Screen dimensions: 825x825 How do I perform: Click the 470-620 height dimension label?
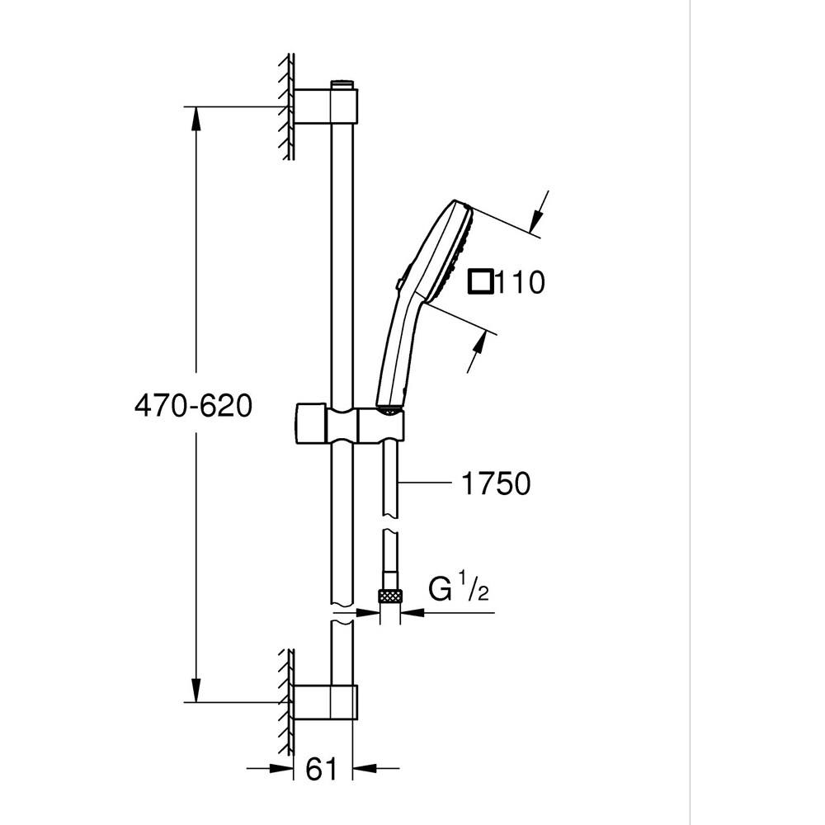click(193, 406)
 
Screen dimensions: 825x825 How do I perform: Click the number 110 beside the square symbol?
click(520, 282)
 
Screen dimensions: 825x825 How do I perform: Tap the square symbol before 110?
click(481, 280)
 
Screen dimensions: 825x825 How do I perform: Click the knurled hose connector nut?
click(390, 596)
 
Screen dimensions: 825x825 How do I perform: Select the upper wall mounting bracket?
click(326, 106)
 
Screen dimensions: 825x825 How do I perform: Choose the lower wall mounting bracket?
click(326, 702)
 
